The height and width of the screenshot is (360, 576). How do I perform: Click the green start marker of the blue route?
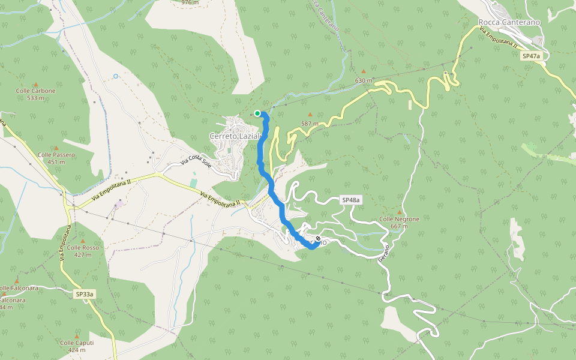(257, 113)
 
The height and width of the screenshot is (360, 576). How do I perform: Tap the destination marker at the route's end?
(317, 239)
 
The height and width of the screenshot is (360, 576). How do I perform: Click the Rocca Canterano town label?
(509, 22)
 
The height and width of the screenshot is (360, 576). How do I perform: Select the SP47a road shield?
(531, 56)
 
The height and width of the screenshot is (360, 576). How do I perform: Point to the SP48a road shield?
(352, 200)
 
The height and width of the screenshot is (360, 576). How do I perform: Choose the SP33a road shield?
(85, 294)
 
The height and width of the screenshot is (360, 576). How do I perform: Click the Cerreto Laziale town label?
(235, 136)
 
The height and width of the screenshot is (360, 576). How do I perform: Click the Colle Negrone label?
(399, 219)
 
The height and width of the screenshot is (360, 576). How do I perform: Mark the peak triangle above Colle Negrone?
(399, 212)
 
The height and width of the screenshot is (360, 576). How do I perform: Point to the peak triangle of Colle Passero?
(56, 148)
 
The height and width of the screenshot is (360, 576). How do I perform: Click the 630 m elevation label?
(364, 80)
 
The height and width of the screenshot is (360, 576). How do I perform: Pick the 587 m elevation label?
(310, 124)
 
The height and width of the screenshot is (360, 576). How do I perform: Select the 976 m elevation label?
(190, 2)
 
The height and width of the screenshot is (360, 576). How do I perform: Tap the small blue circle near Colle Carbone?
(115, 76)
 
